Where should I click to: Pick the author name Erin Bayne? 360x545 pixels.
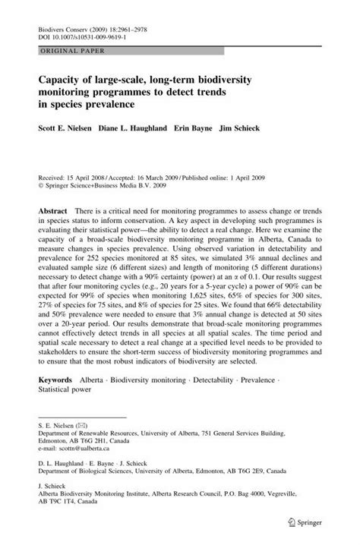(x=212, y=128)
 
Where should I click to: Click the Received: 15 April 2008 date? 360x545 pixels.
(x=72, y=174)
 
